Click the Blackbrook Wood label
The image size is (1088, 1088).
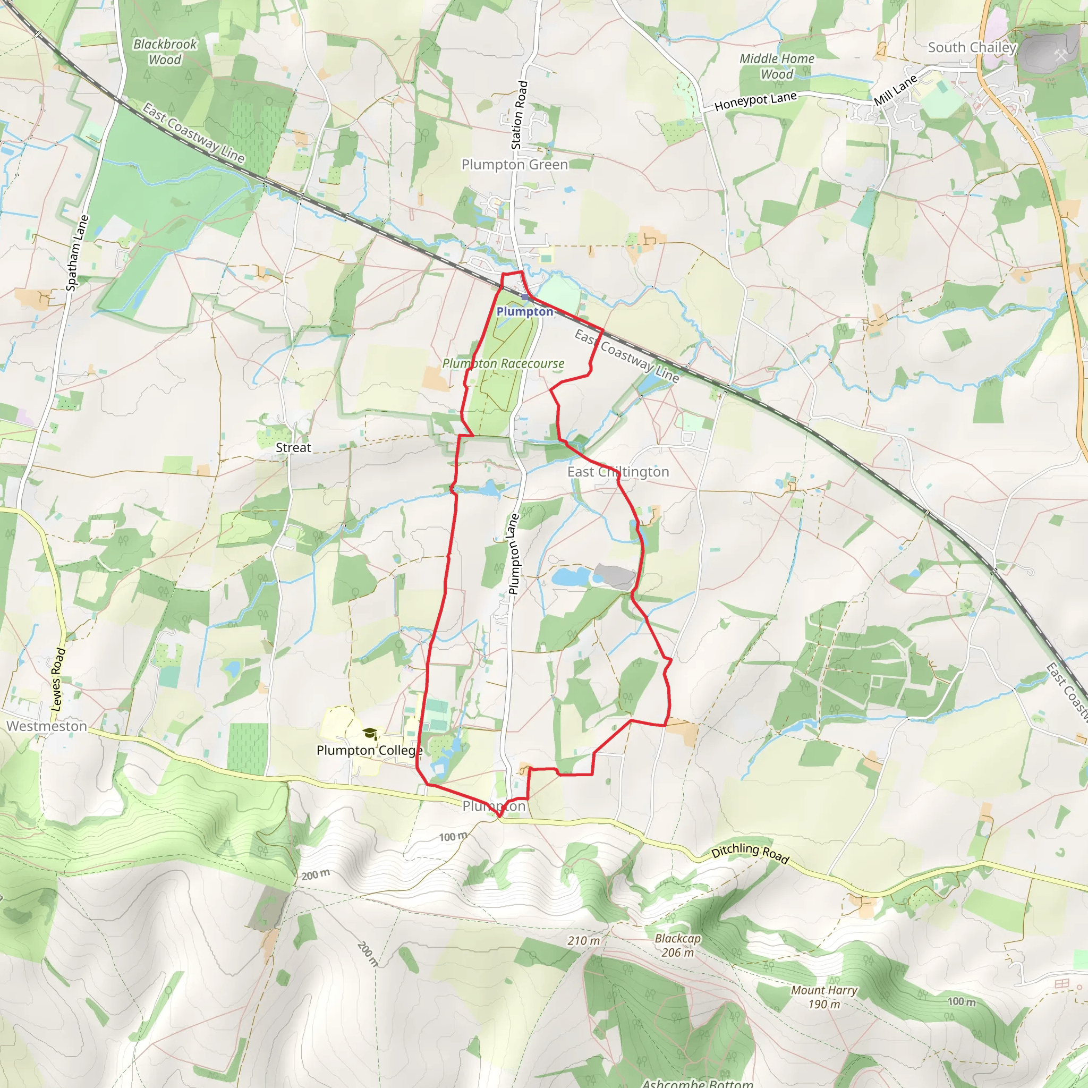[165, 52]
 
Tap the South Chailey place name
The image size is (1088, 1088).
[972, 47]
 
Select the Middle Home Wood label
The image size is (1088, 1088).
[777, 66]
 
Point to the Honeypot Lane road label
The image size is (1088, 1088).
[755, 101]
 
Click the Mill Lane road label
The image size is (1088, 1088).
[895, 90]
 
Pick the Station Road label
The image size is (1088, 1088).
[519, 115]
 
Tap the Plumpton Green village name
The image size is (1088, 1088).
[515, 165]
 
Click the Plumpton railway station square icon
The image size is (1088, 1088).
[525, 297]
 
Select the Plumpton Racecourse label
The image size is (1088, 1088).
[503, 364]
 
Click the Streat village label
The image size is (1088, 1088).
[293, 448]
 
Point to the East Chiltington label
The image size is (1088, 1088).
[618, 472]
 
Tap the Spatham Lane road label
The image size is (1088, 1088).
[77, 253]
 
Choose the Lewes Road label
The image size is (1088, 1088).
[58, 679]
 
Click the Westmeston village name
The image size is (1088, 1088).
[47, 726]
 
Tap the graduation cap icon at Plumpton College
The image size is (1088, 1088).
[369, 733]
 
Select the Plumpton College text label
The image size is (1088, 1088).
[369, 751]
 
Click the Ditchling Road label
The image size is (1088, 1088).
[750, 853]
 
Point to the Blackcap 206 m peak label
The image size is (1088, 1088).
[677, 946]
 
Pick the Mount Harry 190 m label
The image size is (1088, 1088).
[824, 997]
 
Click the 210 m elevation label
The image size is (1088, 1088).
[583, 940]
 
